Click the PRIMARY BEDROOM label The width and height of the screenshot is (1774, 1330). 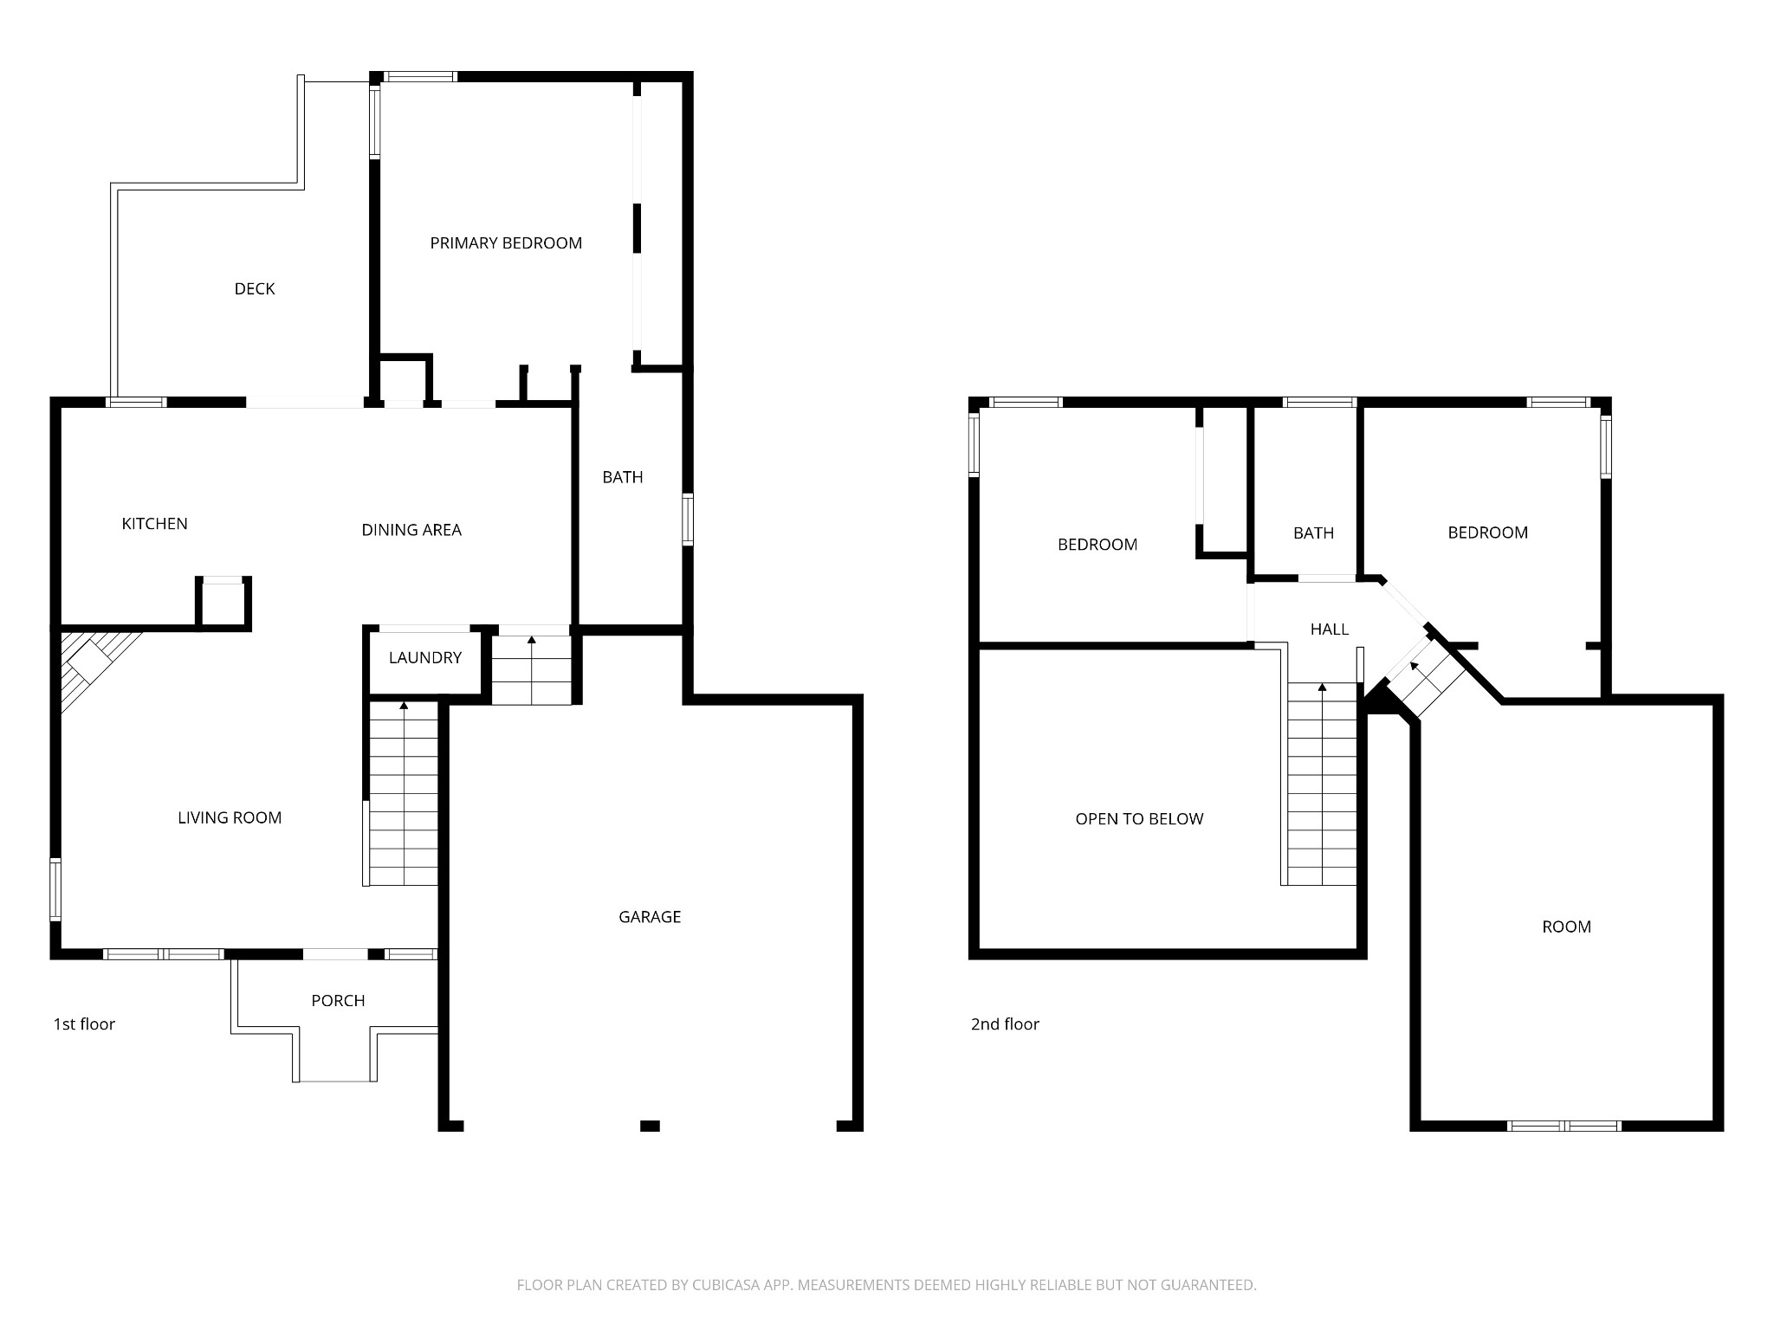pyautogui.click(x=506, y=243)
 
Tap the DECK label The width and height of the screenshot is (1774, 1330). pyautogui.click(x=255, y=289)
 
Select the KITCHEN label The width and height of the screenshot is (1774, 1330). pyautogui.click(x=154, y=524)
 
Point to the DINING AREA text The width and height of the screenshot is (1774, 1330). pyautogui.click(x=411, y=530)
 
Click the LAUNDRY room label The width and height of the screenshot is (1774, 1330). pyautogui.click(x=424, y=658)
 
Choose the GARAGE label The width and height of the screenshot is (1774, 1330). pyautogui.click(x=650, y=917)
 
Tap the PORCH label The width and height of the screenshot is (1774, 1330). pyautogui.click(x=338, y=1001)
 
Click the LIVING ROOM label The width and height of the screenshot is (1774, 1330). pyautogui.click(x=230, y=818)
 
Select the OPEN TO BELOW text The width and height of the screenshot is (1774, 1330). pyautogui.click(x=1139, y=819)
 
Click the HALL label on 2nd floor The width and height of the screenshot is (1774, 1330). pyautogui.click(x=1329, y=629)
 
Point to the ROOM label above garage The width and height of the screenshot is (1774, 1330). pyautogui.click(x=1566, y=927)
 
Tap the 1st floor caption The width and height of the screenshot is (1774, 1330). pyautogui.click(x=84, y=1024)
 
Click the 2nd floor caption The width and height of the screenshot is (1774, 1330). pyautogui.click(x=1005, y=1024)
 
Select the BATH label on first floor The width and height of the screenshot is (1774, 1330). pyautogui.click(x=623, y=477)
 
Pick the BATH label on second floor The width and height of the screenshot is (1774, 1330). pyautogui.click(x=1313, y=533)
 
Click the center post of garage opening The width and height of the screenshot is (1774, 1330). pyautogui.click(x=650, y=1126)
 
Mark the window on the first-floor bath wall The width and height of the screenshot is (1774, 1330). pyautogui.click(x=688, y=519)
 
